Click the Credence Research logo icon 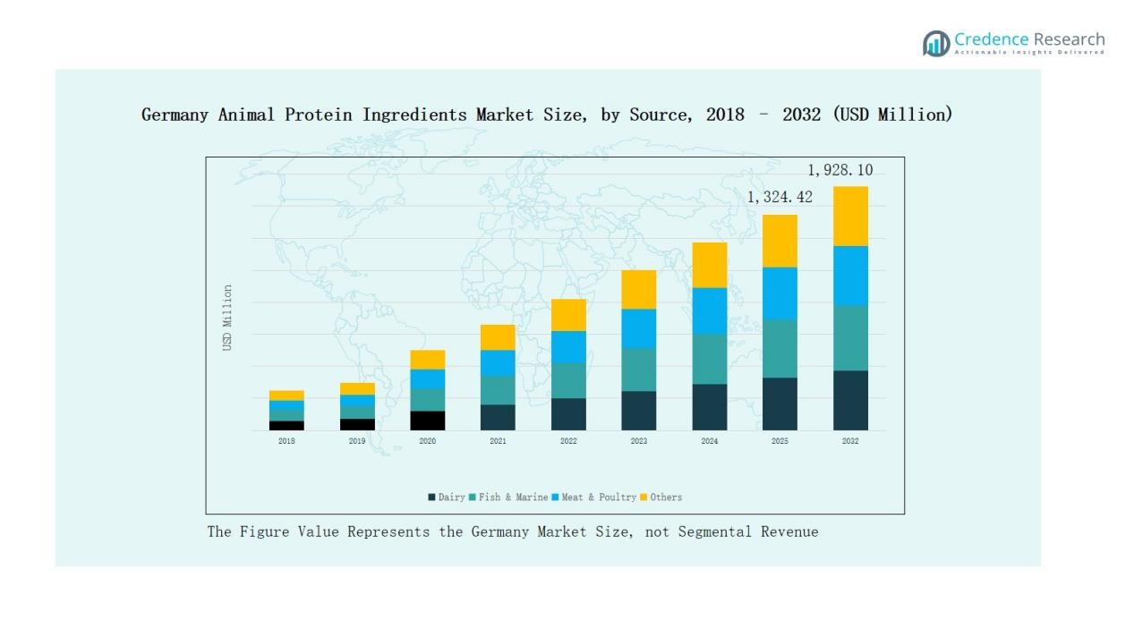(x=936, y=43)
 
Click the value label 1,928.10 (x=840, y=170)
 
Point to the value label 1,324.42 (x=780, y=197)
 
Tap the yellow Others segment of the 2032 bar (x=850, y=216)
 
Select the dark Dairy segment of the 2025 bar (x=780, y=404)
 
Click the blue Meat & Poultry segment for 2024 (x=709, y=310)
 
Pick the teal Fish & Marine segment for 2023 (x=638, y=370)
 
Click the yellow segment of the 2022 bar (x=568, y=315)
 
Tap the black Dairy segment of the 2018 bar (x=286, y=425)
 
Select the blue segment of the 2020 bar (x=428, y=379)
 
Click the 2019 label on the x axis (x=357, y=441)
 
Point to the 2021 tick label (x=498, y=441)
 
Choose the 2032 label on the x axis (x=850, y=441)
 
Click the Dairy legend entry (x=447, y=498)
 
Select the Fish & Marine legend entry (x=507, y=498)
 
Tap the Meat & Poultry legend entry (x=593, y=498)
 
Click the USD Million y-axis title (x=227, y=318)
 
